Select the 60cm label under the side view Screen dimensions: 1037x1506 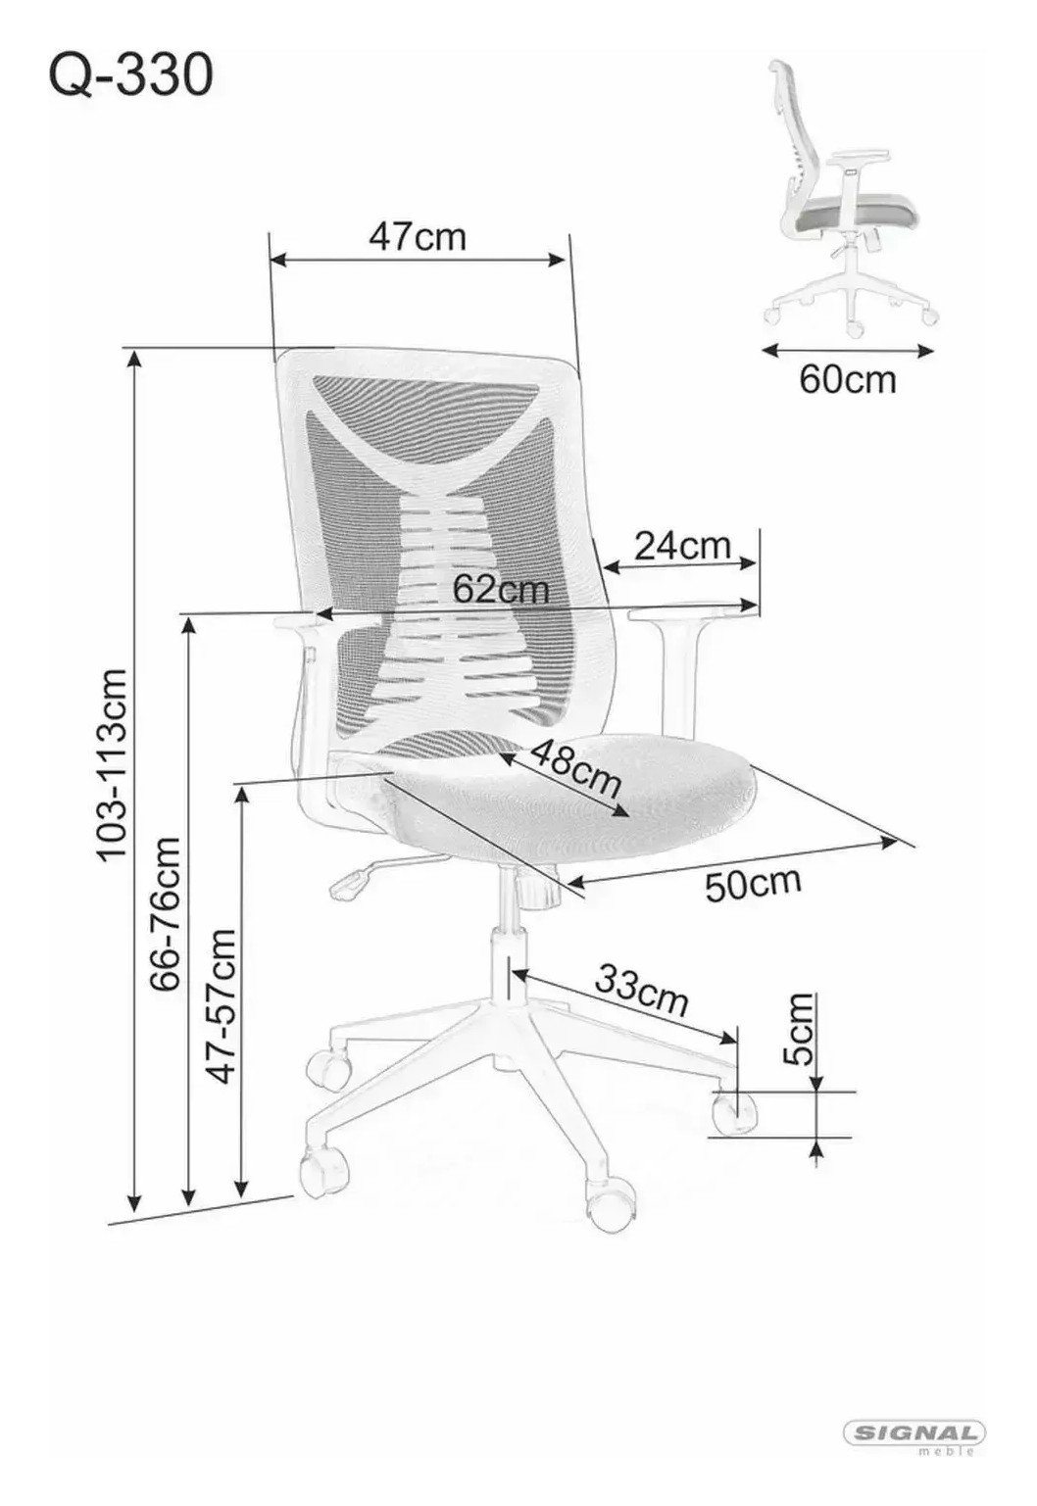click(848, 380)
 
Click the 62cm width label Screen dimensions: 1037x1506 click(500, 590)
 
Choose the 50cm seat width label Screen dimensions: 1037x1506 click(753, 885)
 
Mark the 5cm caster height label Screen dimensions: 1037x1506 click(799, 1029)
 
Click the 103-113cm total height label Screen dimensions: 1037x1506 click(112, 763)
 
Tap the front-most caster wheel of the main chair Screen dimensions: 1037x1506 click(610, 1202)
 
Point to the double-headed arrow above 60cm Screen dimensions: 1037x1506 click(848, 350)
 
